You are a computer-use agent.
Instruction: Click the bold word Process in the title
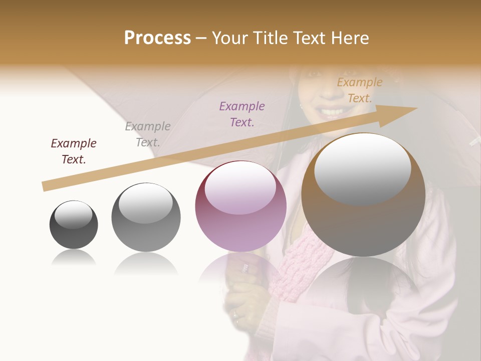[x=157, y=38]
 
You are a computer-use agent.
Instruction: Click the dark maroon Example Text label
[x=74, y=151]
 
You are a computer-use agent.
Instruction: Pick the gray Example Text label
[x=148, y=134]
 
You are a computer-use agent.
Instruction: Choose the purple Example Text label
[x=242, y=114]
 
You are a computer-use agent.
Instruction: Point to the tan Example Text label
[x=360, y=90]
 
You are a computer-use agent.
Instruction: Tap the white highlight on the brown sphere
[x=362, y=168]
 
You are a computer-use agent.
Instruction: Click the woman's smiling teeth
[x=331, y=111]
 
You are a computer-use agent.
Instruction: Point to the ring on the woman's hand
[x=245, y=268]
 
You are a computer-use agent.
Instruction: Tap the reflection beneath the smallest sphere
[x=74, y=258]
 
